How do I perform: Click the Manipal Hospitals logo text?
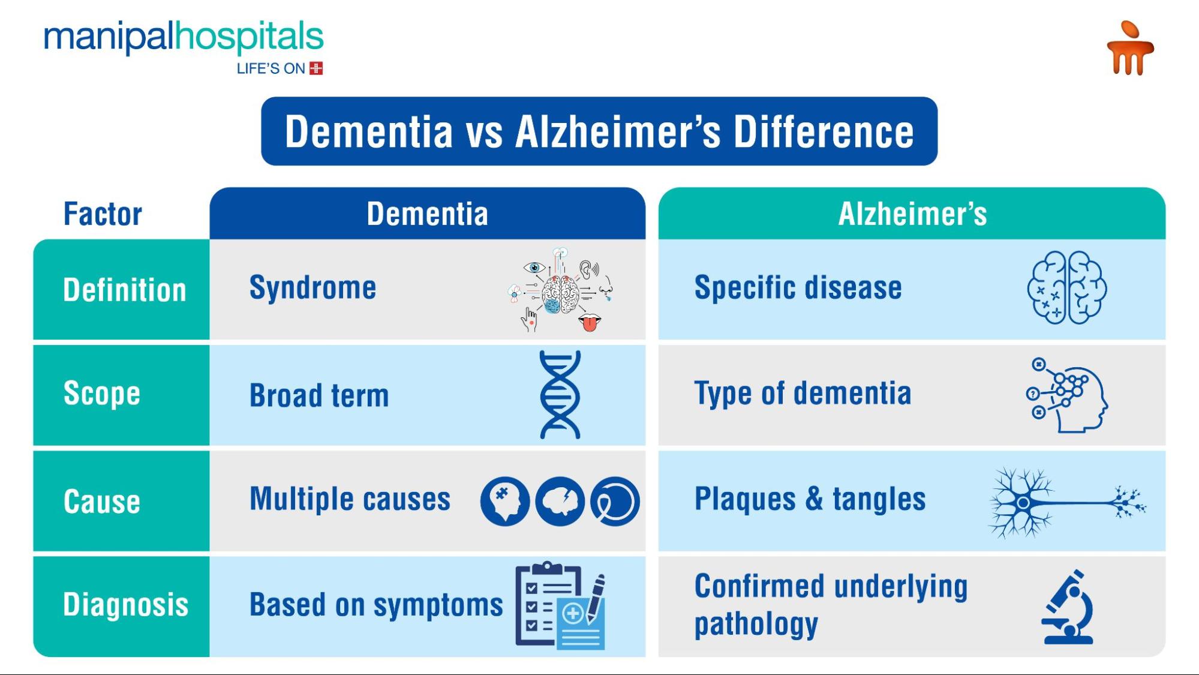(x=183, y=37)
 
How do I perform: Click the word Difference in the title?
(x=824, y=132)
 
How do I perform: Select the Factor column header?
(x=103, y=214)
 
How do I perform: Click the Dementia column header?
(x=427, y=214)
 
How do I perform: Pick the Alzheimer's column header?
(x=912, y=214)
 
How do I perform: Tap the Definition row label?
(x=124, y=290)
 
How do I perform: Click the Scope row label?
(x=102, y=394)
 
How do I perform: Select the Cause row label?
(x=102, y=502)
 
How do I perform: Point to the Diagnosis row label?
(x=125, y=605)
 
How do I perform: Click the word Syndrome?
(x=312, y=288)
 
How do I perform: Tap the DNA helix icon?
(x=560, y=395)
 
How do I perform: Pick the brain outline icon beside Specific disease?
(x=1066, y=288)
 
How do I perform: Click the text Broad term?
(x=319, y=396)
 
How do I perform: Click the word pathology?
(x=756, y=625)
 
